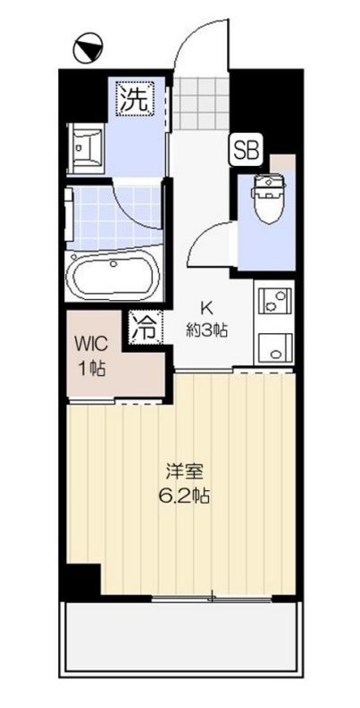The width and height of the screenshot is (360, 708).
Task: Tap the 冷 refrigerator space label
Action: pyautogui.click(x=144, y=326)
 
